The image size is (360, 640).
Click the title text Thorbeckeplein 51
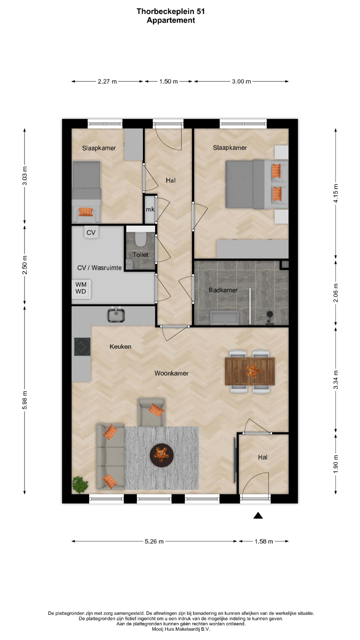(x=171, y=11)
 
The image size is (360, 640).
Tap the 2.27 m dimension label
(x=107, y=81)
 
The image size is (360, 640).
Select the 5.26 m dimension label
(x=154, y=541)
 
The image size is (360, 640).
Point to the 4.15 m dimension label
(x=336, y=193)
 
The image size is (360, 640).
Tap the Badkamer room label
(x=223, y=290)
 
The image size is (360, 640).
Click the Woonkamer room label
(x=171, y=373)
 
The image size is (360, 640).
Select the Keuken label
(x=120, y=347)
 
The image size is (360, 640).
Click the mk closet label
(x=150, y=209)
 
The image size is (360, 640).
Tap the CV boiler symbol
(x=91, y=232)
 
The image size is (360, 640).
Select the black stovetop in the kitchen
(x=82, y=347)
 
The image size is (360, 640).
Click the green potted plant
(x=80, y=485)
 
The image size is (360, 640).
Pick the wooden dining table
(x=250, y=371)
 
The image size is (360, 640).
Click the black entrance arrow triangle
(x=258, y=516)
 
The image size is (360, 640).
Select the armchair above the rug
(x=151, y=412)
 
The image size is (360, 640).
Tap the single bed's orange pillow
(x=86, y=212)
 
